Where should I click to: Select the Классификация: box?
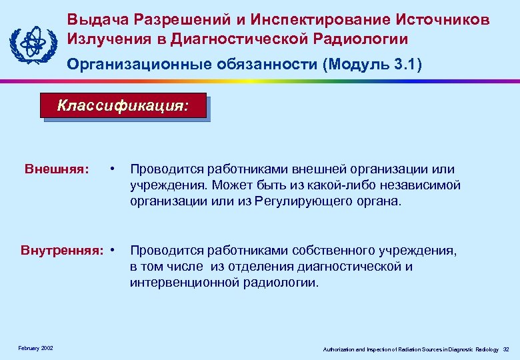124,105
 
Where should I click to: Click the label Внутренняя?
63,251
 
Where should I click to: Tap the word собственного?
335,251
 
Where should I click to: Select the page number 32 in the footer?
506,349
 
